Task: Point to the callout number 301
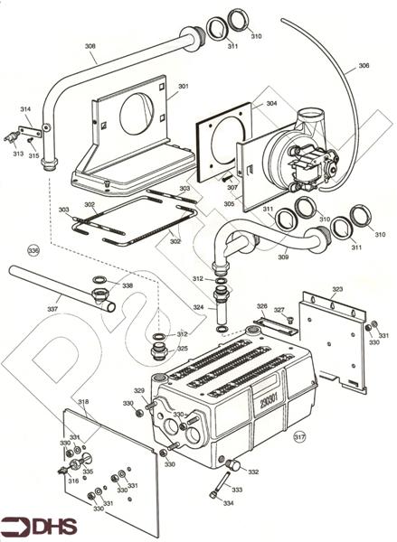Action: (x=183, y=87)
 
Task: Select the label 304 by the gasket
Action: (x=271, y=104)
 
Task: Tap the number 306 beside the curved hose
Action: (x=363, y=66)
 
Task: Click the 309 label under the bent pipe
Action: (x=283, y=258)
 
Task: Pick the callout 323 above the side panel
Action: (x=337, y=290)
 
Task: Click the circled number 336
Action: (x=34, y=249)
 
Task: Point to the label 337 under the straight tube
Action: (x=53, y=309)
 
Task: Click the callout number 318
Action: (x=83, y=402)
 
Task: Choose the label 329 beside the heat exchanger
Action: (x=139, y=390)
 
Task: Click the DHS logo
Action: (x=41, y=526)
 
